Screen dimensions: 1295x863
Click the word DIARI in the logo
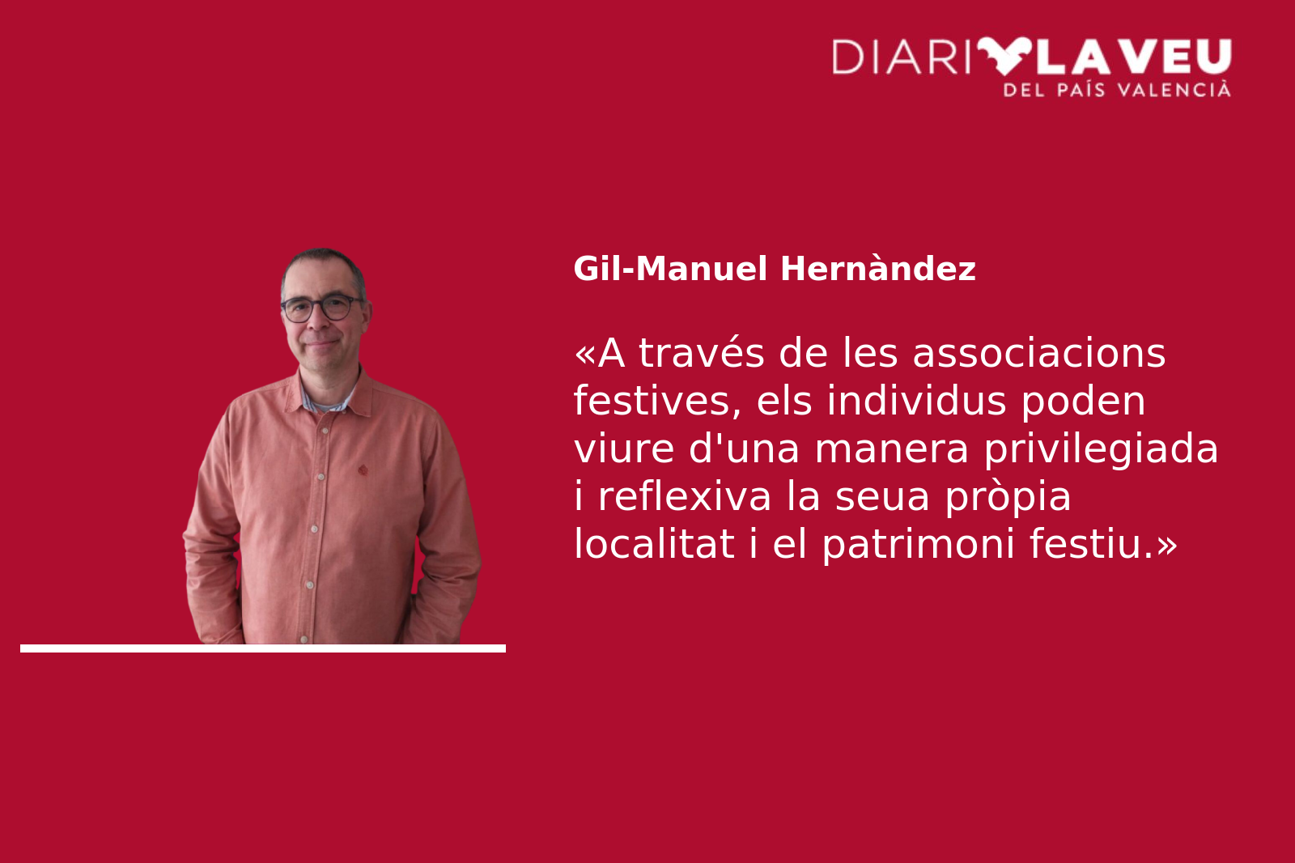901,57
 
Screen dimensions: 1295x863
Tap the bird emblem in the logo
1004,56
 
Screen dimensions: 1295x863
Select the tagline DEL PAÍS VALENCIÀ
1118,90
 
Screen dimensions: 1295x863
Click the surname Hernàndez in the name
878,269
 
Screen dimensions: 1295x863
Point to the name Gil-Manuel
671,269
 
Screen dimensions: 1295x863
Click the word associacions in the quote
1039,353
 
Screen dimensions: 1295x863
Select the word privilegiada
1102,449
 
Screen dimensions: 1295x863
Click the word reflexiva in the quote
685,496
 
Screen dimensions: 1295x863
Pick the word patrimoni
918,545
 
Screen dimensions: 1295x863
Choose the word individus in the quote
916,400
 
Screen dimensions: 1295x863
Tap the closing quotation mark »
1166,546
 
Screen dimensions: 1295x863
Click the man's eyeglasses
321,308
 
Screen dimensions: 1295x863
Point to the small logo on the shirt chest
363,470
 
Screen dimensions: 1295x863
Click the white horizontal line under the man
263,648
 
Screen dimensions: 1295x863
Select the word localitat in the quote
654,544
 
